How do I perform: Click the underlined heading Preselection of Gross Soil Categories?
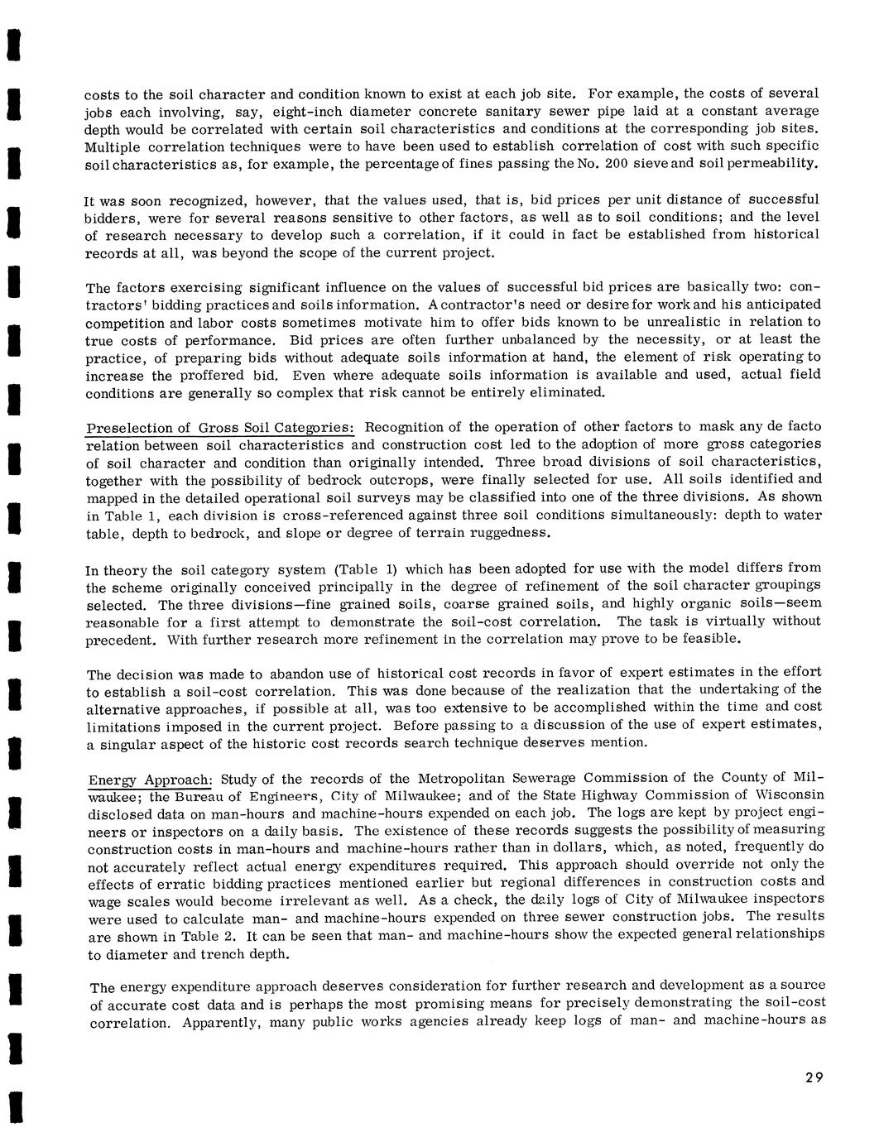[x=220, y=428]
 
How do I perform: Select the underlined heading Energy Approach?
[x=151, y=780]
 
